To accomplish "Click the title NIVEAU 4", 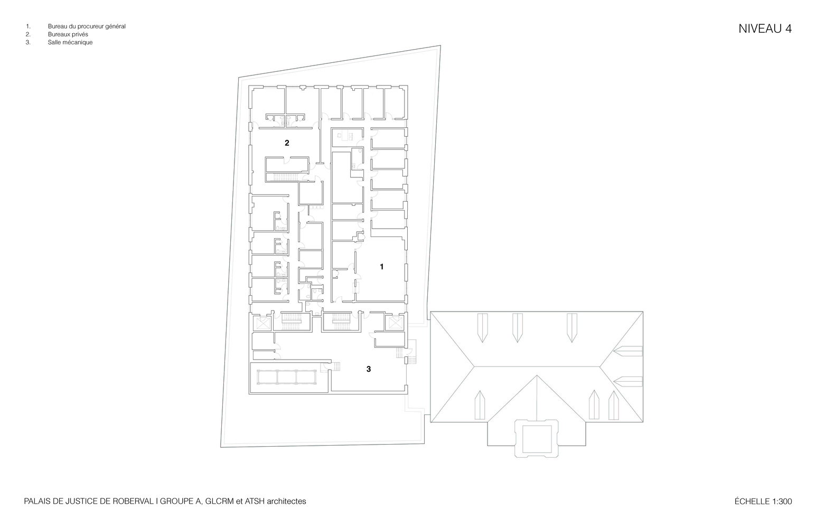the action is click(x=765, y=29).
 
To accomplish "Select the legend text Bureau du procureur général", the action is click(x=87, y=26).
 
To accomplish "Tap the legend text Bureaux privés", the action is click(x=68, y=35).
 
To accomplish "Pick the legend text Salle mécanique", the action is click(x=70, y=43).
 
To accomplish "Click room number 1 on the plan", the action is click(x=382, y=267).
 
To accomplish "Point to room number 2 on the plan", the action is click(x=287, y=143).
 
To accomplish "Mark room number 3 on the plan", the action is click(x=369, y=369).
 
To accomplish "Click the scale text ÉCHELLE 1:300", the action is click(x=763, y=502).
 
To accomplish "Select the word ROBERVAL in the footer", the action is click(x=133, y=502).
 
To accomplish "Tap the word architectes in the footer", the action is click(x=286, y=502).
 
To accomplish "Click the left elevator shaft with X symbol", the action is click(x=262, y=323).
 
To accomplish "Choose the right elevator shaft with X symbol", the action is click(x=395, y=323).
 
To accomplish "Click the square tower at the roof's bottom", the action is click(x=536, y=438).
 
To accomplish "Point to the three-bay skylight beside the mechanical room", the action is click(x=287, y=377).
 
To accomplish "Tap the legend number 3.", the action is click(x=27, y=43).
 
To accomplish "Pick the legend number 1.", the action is click(x=27, y=26).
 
